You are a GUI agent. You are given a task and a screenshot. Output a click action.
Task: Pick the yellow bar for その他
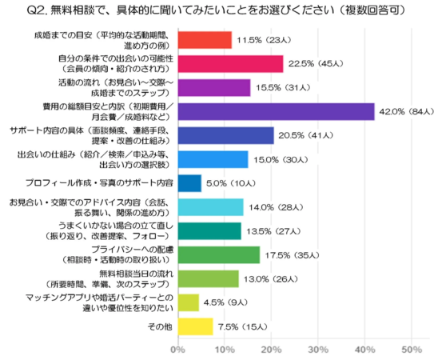tap(194, 326)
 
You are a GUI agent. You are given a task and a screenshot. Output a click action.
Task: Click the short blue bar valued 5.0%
tap(189, 183)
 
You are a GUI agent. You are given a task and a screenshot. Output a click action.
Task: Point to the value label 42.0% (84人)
tap(408, 111)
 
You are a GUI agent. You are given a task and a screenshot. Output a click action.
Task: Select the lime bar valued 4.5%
tap(187, 302)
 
